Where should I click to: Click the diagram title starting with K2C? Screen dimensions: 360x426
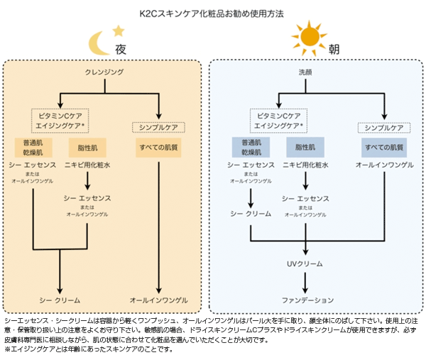tap(213, 13)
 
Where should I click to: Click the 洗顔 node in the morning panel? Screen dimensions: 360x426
tap(305, 73)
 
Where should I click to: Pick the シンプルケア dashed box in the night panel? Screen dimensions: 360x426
tap(158, 128)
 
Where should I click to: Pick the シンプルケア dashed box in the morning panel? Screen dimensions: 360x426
tap(383, 128)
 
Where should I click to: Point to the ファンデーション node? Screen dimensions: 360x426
tap(305, 300)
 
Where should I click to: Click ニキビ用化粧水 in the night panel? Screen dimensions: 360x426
tap(87, 165)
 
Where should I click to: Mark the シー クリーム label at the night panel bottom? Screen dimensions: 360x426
tap(59, 300)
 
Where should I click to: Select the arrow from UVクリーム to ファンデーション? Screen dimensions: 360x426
tap(305, 282)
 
